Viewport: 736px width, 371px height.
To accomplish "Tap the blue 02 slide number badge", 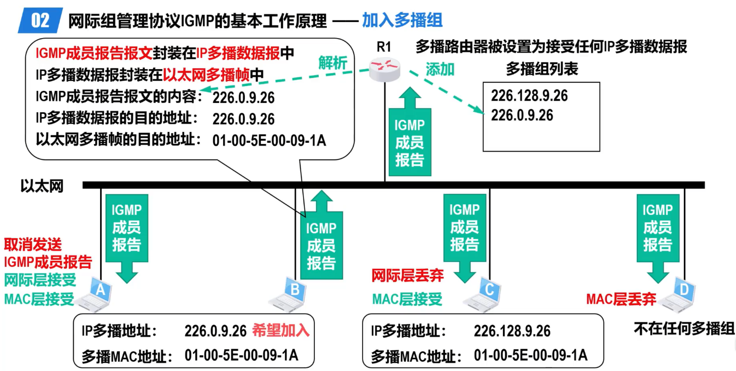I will [40, 21].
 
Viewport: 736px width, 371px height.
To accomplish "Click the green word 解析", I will [333, 63].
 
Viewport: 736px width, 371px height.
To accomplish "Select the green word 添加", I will [440, 69].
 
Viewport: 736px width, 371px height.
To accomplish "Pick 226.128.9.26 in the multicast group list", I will [529, 96].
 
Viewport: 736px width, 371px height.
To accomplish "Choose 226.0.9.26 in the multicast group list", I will [522, 115].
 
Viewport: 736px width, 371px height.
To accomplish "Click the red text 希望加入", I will [281, 330].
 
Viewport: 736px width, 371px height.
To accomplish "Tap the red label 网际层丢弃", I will [407, 275].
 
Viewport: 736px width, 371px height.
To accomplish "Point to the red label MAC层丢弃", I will [621, 299].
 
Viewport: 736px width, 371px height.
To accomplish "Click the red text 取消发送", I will [33, 244].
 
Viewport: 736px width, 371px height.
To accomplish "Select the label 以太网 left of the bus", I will [42, 186].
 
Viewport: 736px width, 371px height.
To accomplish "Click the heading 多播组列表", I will [542, 69].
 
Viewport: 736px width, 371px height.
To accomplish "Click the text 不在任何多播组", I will [684, 329].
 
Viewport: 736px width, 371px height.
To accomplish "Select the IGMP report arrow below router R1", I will [410, 133].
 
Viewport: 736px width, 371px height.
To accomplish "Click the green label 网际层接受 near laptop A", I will [40, 280].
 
